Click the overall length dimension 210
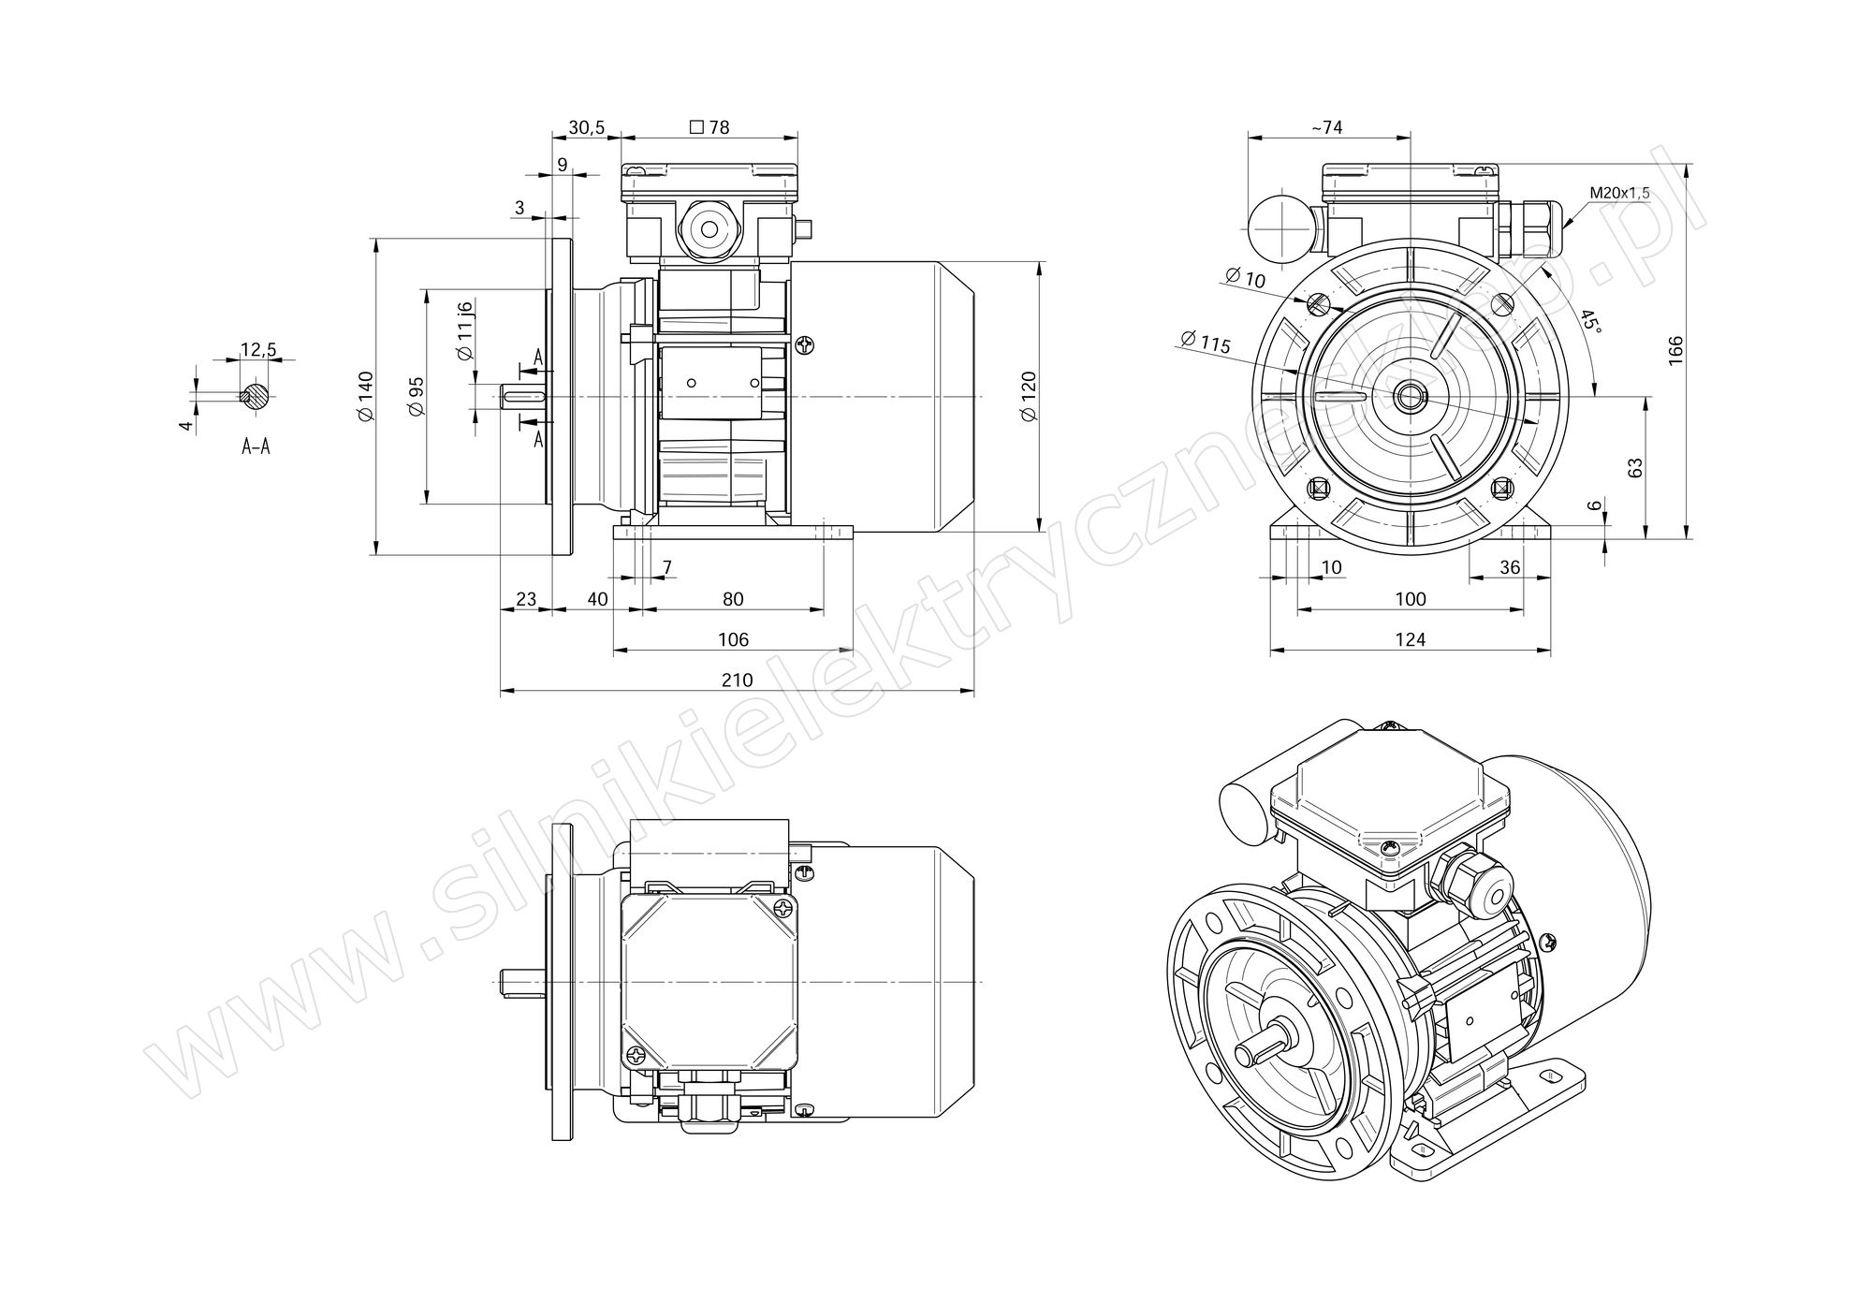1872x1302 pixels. pyautogui.click(x=737, y=680)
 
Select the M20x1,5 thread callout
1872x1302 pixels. pyautogui.click(x=1619, y=193)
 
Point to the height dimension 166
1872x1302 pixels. pyautogui.click(x=1675, y=349)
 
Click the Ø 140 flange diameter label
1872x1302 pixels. pyautogui.click(x=365, y=396)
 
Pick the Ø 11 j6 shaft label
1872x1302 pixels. pyautogui.click(x=465, y=330)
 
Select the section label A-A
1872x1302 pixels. pyautogui.click(x=256, y=447)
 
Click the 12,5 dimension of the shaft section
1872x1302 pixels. pyautogui.click(x=258, y=350)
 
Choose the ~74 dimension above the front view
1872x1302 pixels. pyautogui.click(x=1327, y=127)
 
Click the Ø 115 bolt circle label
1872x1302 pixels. pyautogui.click(x=1205, y=343)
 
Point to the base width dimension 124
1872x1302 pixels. pyautogui.click(x=1410, y=639)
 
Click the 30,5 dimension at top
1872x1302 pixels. pyautogui.click(x=586, y=127)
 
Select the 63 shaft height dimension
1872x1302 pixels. pyautogui.click(x=1635, y=468)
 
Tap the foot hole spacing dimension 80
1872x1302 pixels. pyautogui.click(x=733, y=599)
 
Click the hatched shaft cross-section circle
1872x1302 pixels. pyautogui.click(x=255, y=396)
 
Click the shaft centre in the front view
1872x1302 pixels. pyautogui.click(x=1410, y=397)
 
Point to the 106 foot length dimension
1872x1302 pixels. pyautogui.click(x=733, y=639)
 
